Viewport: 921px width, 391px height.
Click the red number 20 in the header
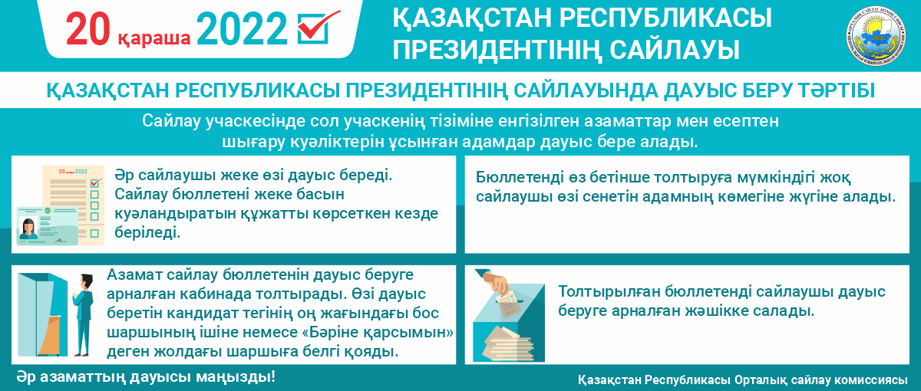tap(88, 29)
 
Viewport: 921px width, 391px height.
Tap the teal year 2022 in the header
tap(242, 29)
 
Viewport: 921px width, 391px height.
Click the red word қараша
tap(154, 38)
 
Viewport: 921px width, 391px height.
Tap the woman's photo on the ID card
tap(28, 228)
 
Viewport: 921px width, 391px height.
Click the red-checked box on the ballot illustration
tap(95, 182)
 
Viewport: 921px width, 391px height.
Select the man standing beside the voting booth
tap(84, 314)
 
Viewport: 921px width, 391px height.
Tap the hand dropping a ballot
tap(496, 282)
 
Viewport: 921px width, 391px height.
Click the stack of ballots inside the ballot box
tap(509, 344)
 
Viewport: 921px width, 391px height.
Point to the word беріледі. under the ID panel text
tap(147, 232)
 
